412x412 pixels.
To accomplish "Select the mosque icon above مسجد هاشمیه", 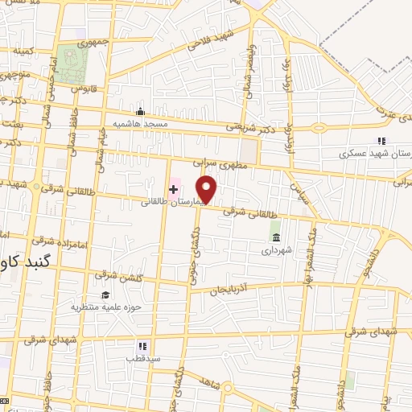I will pyautogui.click(x=141, y=111).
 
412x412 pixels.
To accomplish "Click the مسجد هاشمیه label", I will pyautogui.click(x=140, y=123).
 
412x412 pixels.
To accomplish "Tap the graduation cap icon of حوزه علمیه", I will pyautogui.click(x=105, y=294).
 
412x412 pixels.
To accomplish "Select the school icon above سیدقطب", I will pyautogui.click(x=141, y=345).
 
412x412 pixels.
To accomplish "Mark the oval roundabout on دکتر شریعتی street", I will pyautogui.click(x=319, y=127).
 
